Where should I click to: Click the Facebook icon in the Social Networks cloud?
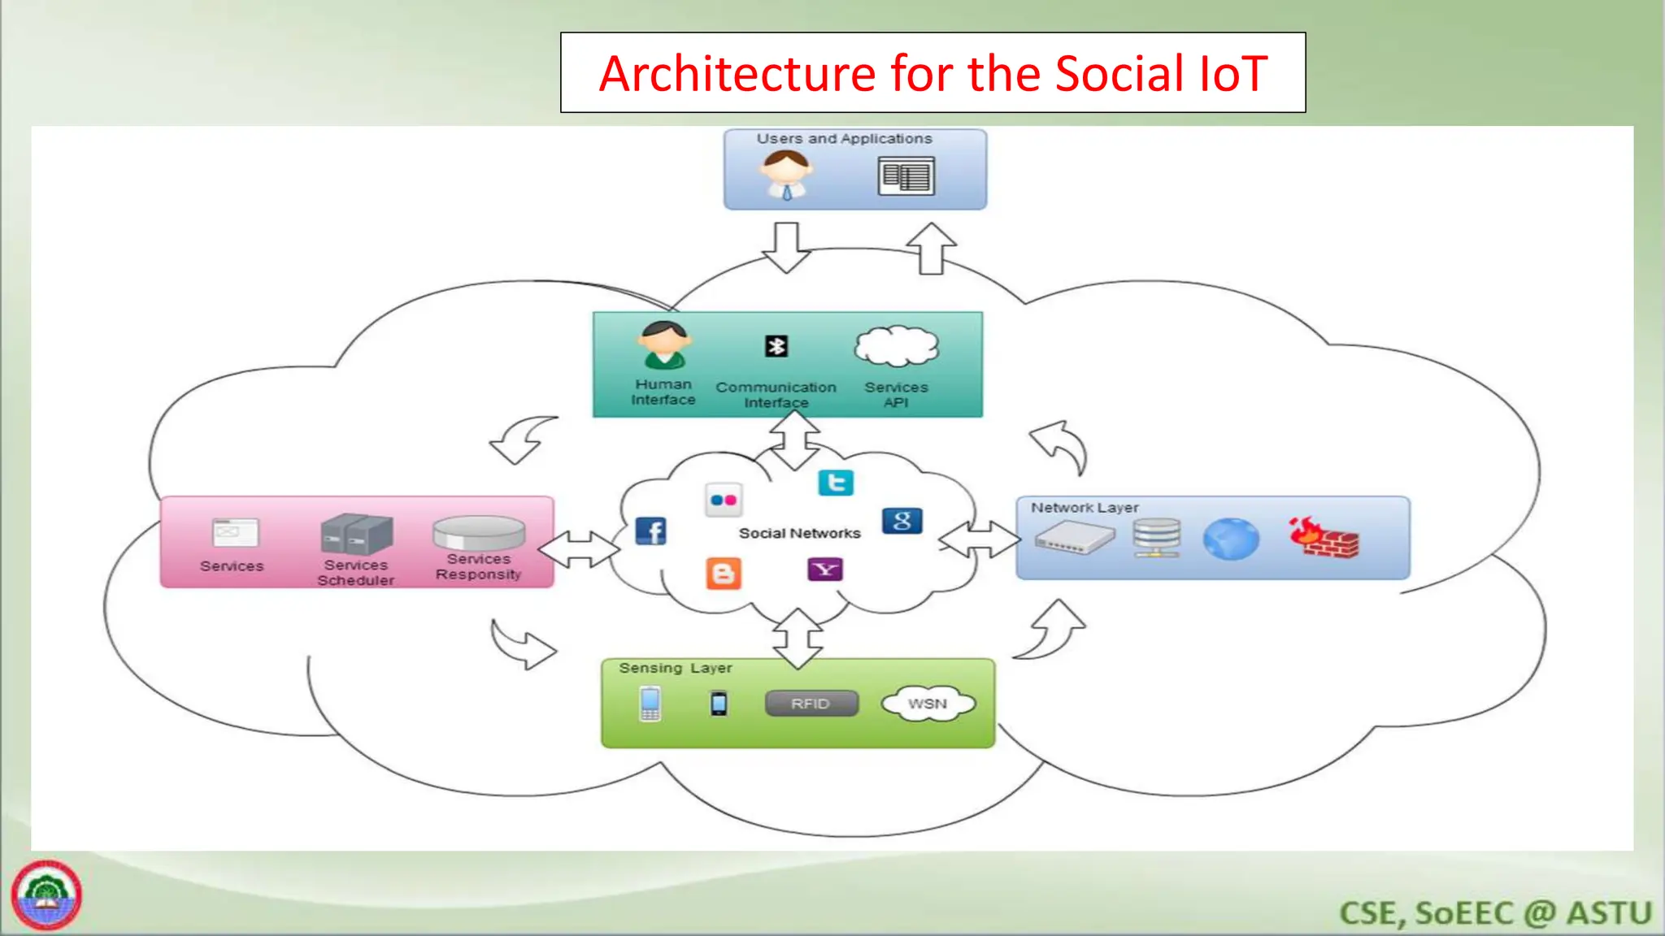(650, 531)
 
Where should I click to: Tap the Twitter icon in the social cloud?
(835, 483)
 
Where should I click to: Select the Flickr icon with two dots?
(723, 500)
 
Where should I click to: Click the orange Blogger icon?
(723, 574)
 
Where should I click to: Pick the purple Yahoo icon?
(824, 570)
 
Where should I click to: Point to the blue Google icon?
(902, 521)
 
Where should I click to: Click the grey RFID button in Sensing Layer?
(811, 704)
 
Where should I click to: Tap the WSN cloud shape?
(928, 704)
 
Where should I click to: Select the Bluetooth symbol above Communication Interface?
(776, 347)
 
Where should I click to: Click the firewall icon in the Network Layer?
(1324, 538)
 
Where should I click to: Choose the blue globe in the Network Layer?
(1230, 539)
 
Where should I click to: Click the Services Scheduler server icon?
(356, 534)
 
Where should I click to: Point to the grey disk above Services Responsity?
(479, 533)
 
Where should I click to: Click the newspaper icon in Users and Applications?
(906, 176)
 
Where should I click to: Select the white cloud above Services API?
(896, 347)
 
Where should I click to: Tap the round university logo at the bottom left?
(46, 895)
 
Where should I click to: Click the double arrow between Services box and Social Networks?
(579, 549)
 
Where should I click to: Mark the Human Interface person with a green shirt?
(664, 344)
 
